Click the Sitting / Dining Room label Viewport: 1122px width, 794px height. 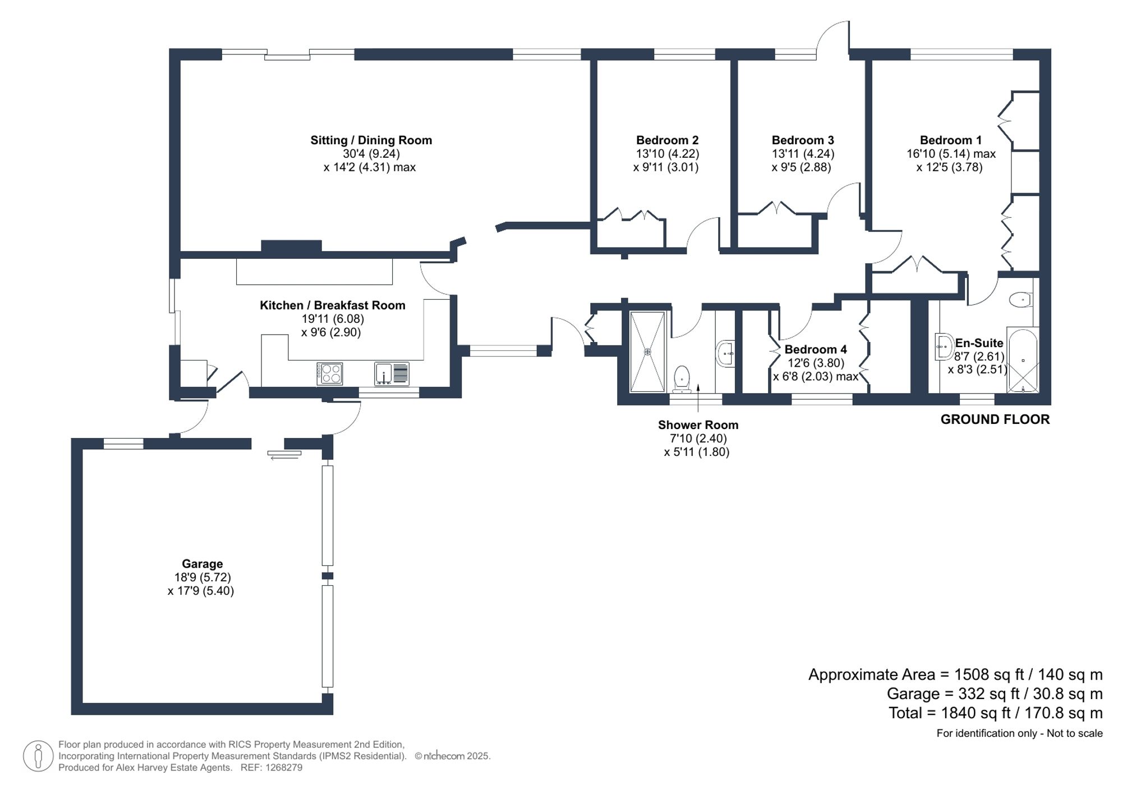coord(371,140)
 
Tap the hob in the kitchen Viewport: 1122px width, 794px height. coord(330,374)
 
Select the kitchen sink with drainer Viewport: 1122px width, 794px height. coord(392,374)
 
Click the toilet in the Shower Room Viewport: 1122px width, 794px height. coord(682,379)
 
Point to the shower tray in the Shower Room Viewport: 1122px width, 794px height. coord(647,352)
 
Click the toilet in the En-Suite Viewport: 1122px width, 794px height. coord(1020,300)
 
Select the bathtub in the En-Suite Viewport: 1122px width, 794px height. coord(1023,359)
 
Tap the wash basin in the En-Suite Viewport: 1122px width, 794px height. coord(944,346)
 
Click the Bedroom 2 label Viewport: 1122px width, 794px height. coord(667,140)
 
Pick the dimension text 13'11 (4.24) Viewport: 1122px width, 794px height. coord(803,154)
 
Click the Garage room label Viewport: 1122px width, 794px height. coord(202,564)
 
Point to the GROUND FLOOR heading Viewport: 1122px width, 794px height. coord(995,419)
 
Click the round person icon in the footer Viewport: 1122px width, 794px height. coord(38,756)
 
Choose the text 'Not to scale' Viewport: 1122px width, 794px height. coord(1074,733)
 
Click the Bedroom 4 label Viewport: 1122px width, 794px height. coord(815,350)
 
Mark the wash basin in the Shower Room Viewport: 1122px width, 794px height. coord(725,354)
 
